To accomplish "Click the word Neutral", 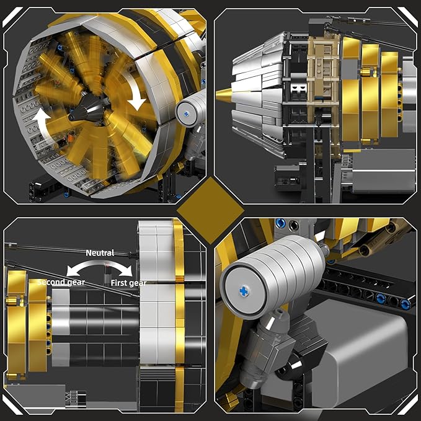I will [100, 253].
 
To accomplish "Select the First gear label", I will [129, 283].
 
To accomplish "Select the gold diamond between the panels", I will [210, 210].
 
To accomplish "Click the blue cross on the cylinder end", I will [244, 273].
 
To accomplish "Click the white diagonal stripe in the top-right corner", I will [408, 14].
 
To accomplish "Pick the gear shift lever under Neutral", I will [106, 272].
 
